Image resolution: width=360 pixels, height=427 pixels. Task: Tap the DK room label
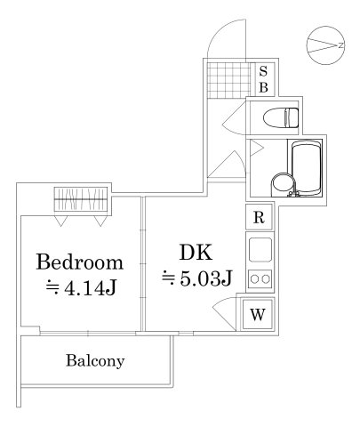[196, 252]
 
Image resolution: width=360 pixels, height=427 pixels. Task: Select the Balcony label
[94, 362]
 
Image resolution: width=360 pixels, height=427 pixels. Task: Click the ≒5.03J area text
[196, 278]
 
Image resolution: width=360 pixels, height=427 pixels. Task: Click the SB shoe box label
[263, 78]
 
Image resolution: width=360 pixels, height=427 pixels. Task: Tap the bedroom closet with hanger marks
[81, 197]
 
